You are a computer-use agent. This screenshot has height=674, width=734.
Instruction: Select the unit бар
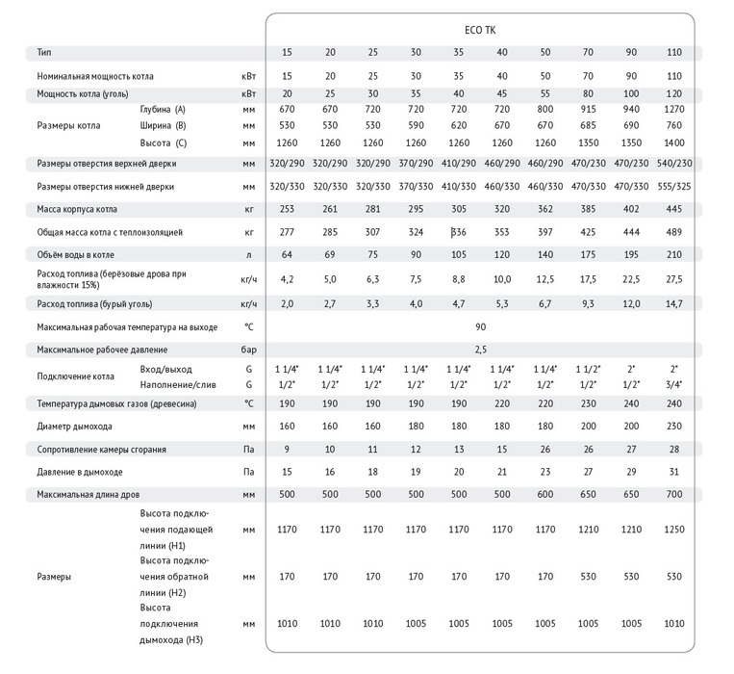[249, 349]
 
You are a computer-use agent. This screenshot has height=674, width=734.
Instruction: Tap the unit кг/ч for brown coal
[249, 303]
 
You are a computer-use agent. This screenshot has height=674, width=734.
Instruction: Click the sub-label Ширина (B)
[162, 126]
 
